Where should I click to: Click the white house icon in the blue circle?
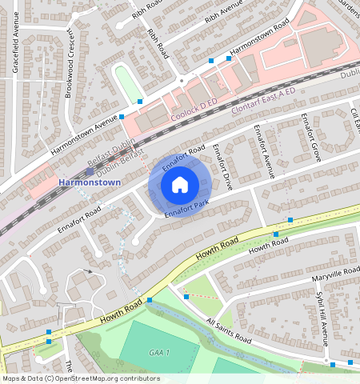click(x=180, y=186)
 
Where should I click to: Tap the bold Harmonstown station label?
click(x=90, y=183)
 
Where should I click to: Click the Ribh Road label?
click(x=158, y=43)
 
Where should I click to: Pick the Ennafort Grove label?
click(x=310, y=137)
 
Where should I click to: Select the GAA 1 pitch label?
click(x=160, y=353)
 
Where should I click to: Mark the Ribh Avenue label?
click(x=222, y=14)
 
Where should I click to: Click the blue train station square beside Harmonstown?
click(x=89, y=171)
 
